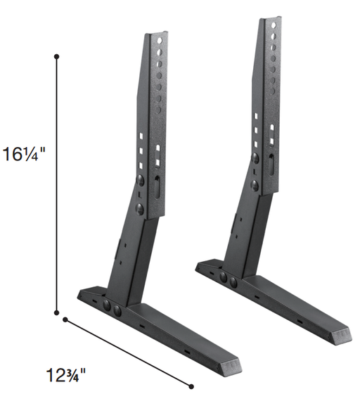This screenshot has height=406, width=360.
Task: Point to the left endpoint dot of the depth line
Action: coord(65,320)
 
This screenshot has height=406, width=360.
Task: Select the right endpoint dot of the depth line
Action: coord(191,385)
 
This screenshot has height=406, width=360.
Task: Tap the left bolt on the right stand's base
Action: coord(224,277)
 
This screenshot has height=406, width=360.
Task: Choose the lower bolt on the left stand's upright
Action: coord(141,208)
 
